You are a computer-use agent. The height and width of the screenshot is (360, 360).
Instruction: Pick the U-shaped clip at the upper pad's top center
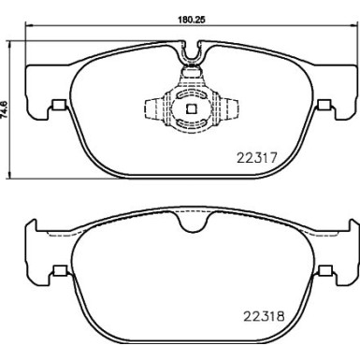[192, 58]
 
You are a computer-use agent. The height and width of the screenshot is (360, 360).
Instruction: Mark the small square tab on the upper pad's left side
[58, 105]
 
